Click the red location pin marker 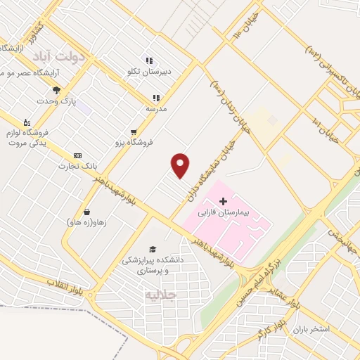[x=181, y=165]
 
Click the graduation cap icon [x=151, y=249]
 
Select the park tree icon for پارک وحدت [x=56, y=90]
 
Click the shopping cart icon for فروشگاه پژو [x=133, y=131]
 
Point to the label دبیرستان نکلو [x=161, y=71]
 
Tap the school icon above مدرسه [x=156, y=98]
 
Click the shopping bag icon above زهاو [x=86, y=212]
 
